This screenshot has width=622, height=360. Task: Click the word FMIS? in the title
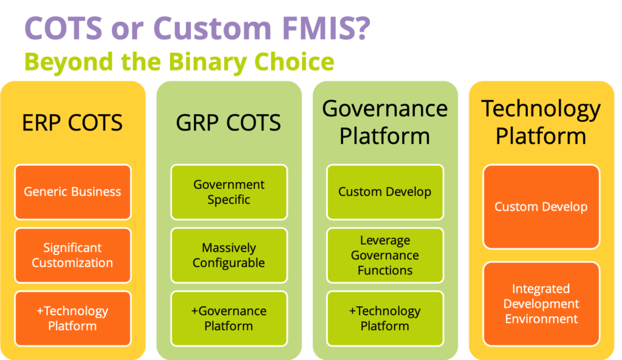point(326,28)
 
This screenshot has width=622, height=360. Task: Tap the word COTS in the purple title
point(63,28)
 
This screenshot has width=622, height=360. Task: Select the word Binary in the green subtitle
point(208,63)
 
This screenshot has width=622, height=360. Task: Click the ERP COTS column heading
point(72,123)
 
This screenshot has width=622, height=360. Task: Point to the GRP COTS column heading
point(228,123)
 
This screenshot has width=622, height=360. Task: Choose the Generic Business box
point(73,192)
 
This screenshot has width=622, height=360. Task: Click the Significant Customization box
point(73,255)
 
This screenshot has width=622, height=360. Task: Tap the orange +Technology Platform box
point(73,318)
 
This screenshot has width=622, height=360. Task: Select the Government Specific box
point(229,192)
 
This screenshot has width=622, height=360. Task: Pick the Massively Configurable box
point(229,255)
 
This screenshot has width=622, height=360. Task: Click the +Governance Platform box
point(229,318)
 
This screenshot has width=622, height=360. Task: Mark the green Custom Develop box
point(384,192)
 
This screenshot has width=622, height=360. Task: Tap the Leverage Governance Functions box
point(384,255)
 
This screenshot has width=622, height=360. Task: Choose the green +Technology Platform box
point(384,318)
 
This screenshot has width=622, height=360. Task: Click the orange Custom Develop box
point(541,206)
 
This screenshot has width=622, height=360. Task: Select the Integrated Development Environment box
point(541,304)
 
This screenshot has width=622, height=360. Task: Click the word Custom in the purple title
point(212,28)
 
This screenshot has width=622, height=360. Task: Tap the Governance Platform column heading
point(384,122)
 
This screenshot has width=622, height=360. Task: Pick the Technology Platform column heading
point(541,122)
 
